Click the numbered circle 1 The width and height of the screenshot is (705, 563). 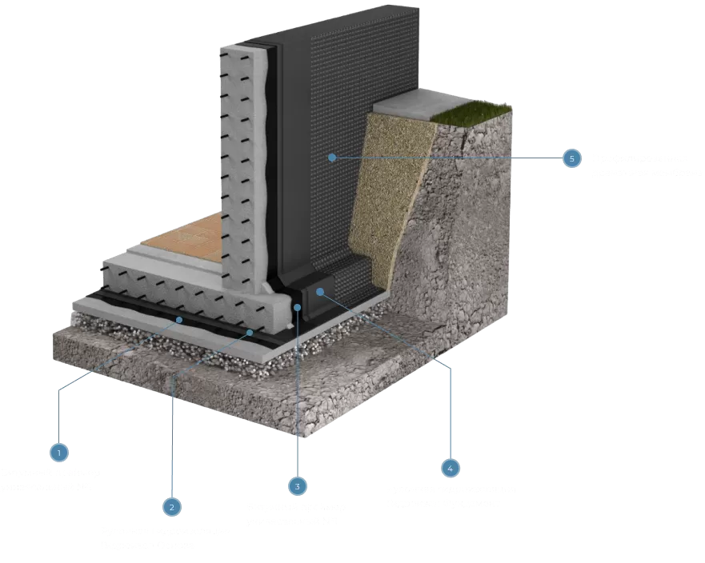coord(58,452)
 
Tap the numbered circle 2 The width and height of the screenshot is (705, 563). coord(171,506)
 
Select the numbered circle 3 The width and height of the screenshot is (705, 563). coord(297,485)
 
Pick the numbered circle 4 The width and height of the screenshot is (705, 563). coord(451,467)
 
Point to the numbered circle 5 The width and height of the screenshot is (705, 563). coord(571,158)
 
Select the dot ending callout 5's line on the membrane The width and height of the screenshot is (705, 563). coord(330,158)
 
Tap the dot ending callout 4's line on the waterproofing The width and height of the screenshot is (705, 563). coord(319,292)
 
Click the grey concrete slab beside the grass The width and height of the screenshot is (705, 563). coord(408,103)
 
